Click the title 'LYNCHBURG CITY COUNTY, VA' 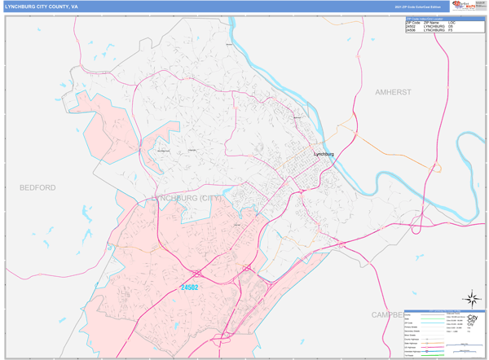tap(42, 7)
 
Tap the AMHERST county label tap(393, 93)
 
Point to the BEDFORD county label tap(37, 187)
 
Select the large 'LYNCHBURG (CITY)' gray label tap(186, 198)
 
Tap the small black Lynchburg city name tap(324, 153)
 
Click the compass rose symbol tap(471, 299)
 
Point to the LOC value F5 tap(451, 30)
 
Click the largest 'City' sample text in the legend tap(473, 318)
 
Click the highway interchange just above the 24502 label tap(198, 272)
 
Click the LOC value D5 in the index tap(451, 26)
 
